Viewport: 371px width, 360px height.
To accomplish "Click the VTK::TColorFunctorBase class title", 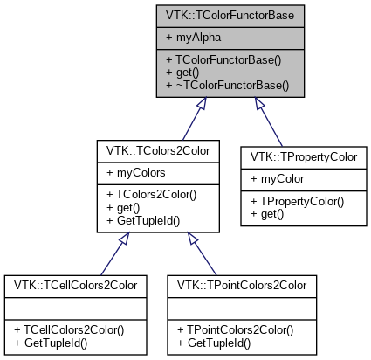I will pos(231,15).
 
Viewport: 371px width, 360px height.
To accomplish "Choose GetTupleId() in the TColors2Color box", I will pos(143,221).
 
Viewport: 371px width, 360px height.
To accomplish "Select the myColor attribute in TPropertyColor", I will pos(279,179).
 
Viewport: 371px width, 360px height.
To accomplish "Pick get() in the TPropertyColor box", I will pos(268,215).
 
